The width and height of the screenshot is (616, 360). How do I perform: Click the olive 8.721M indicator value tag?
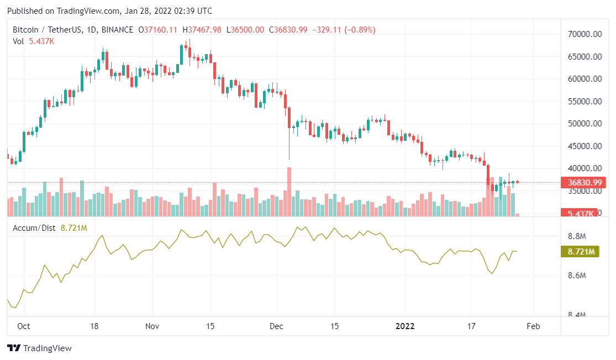coord(583,252)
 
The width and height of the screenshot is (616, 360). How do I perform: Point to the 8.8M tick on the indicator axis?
coord(576,236)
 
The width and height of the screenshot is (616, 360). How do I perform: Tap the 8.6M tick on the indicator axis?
coord(576,276)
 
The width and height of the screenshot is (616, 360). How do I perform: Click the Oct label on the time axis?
coord(23,326)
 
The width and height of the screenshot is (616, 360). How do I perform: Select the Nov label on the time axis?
coord(152,326)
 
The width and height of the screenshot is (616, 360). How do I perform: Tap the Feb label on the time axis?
coord(533,326)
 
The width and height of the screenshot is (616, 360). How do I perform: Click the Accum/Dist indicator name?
coord(35,227)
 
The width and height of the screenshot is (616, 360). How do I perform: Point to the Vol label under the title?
coord(18,41)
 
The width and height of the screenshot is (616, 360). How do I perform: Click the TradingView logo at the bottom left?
coord(39,348)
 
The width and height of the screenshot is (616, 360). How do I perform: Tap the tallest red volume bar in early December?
coord(289,191)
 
